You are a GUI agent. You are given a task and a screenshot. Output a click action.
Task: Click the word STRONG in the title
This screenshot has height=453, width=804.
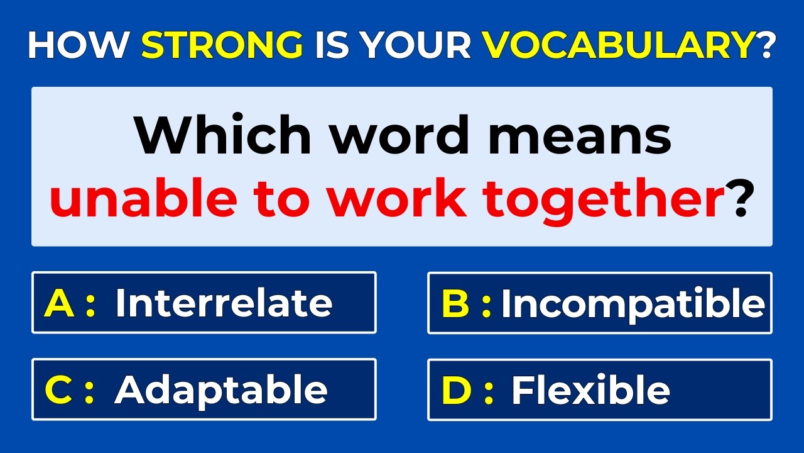click(x=222, y=45)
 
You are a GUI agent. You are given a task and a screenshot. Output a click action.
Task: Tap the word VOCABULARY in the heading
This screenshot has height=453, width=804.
click(x=617, y=45)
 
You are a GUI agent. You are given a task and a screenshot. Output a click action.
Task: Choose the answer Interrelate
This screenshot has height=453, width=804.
click(x=224, y=303)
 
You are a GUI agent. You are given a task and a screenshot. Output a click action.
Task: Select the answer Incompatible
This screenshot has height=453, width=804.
click(x=633, y=304)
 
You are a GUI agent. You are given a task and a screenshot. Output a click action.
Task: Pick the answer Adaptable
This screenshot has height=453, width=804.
click(x=220, y=390)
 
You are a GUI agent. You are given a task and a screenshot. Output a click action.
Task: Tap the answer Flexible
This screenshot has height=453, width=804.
click(x=590, y=389)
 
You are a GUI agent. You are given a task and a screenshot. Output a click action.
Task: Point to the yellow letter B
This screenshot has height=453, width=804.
click(x=456, y=303)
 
